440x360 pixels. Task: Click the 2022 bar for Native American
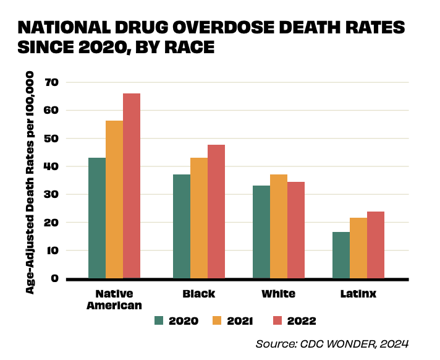coord(132,186)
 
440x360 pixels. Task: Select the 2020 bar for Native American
coord(97,218)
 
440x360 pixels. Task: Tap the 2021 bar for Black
coord(199,218)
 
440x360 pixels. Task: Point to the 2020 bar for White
coord(261,232)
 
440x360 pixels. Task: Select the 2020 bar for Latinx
coord(341,255)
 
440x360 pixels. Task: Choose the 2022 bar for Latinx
coord(376,245)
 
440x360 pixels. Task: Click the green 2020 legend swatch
coord(159,320)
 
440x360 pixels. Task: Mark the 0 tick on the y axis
coord(55,278)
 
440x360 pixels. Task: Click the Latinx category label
coord(358,294)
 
